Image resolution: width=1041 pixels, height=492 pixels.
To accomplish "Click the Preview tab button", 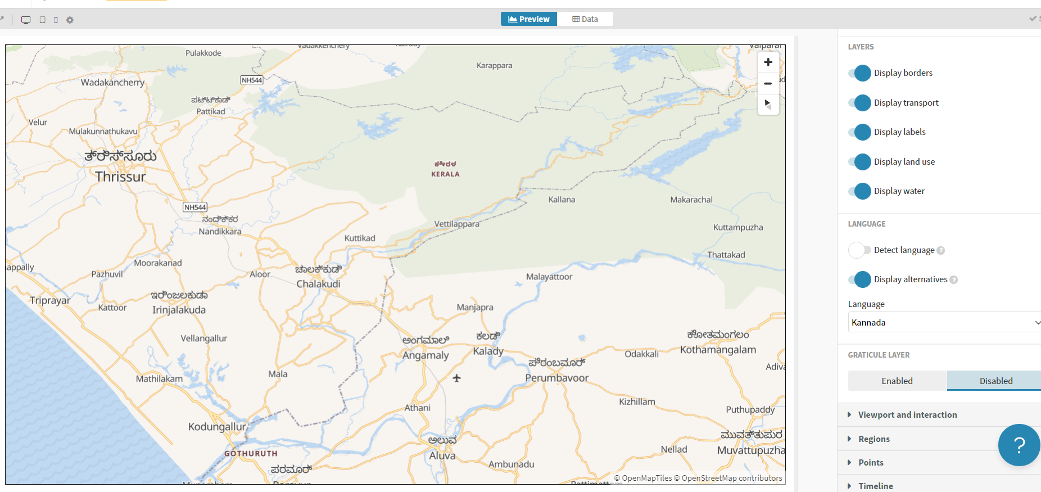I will (x=528, y=19).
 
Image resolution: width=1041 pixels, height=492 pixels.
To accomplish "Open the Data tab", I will (x=585, y=19).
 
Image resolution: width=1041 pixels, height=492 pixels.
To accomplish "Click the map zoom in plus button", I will (x=768, y=62).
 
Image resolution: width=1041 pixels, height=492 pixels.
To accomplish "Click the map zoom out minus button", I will (x=768, y=83).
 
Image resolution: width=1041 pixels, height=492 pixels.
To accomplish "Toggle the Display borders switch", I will (x=860, y=73).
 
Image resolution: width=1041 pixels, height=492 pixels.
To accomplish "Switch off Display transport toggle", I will (x=860, y=103).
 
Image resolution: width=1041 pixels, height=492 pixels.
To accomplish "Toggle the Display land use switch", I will (x=860, y=162).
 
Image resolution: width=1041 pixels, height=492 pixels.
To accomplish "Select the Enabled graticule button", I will (x=897, y=381).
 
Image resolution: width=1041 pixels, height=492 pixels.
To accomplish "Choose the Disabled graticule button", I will (x=995, y=381).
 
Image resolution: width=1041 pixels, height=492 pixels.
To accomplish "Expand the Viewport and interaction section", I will (x=907, y=415).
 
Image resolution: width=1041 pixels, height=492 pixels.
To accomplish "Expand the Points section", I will (x=870, y=463).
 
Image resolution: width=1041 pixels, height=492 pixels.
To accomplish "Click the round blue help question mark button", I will (x=1019, y=445).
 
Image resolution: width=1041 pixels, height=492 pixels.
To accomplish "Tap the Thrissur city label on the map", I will (x=120, y=177).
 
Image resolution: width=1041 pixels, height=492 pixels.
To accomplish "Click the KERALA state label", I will (x=445, y=174).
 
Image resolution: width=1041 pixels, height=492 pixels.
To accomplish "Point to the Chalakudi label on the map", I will (x=318, y=284).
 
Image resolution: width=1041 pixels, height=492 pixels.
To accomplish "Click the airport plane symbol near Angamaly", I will (x=456, y=378).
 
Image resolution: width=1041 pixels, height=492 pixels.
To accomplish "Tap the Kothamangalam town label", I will (x=718, y=350).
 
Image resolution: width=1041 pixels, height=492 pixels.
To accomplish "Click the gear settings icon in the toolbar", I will (x=70, y=20).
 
